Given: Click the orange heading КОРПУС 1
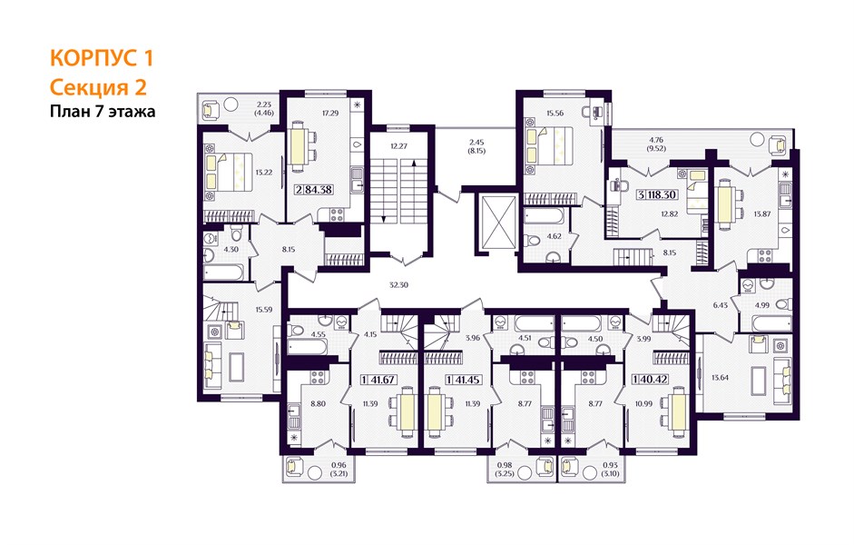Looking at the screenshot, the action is click(102, 58).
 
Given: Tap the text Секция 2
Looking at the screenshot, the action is click(98, 87).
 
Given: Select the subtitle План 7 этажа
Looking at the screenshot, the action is click(103, 112).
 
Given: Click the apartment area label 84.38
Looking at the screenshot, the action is click(319, 190).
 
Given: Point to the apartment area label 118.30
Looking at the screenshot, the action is click(662, 194).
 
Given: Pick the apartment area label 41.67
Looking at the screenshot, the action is click(382, 380).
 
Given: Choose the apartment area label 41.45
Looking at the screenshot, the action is click(466, 380).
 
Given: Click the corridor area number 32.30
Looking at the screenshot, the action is click(398, 284).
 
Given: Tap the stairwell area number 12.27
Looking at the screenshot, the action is click(398, 146).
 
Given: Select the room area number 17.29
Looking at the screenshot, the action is click(330, 114).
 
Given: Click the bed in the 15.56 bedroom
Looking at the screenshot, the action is click(549, 144).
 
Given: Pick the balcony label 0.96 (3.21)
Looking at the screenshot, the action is click(339, 470).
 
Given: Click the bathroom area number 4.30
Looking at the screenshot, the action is click(231, 249).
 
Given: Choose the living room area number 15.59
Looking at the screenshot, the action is click(263, 309).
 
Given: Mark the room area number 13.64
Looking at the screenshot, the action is click(720, 377).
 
